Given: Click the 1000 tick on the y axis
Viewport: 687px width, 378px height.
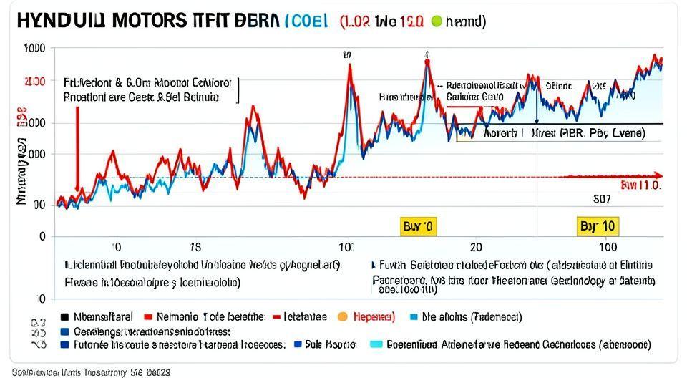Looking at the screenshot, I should [34, 48].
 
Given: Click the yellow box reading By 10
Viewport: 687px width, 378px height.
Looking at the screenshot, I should [598, 227].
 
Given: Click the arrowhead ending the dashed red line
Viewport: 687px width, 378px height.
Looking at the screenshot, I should [659, 175].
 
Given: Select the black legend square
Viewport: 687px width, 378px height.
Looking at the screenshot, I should [65, 316].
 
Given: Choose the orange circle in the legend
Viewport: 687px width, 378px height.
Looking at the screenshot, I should [342, 316].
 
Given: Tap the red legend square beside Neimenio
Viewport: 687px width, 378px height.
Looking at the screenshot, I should [148, 316].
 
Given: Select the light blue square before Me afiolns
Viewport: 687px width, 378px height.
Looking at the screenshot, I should [414, 316].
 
